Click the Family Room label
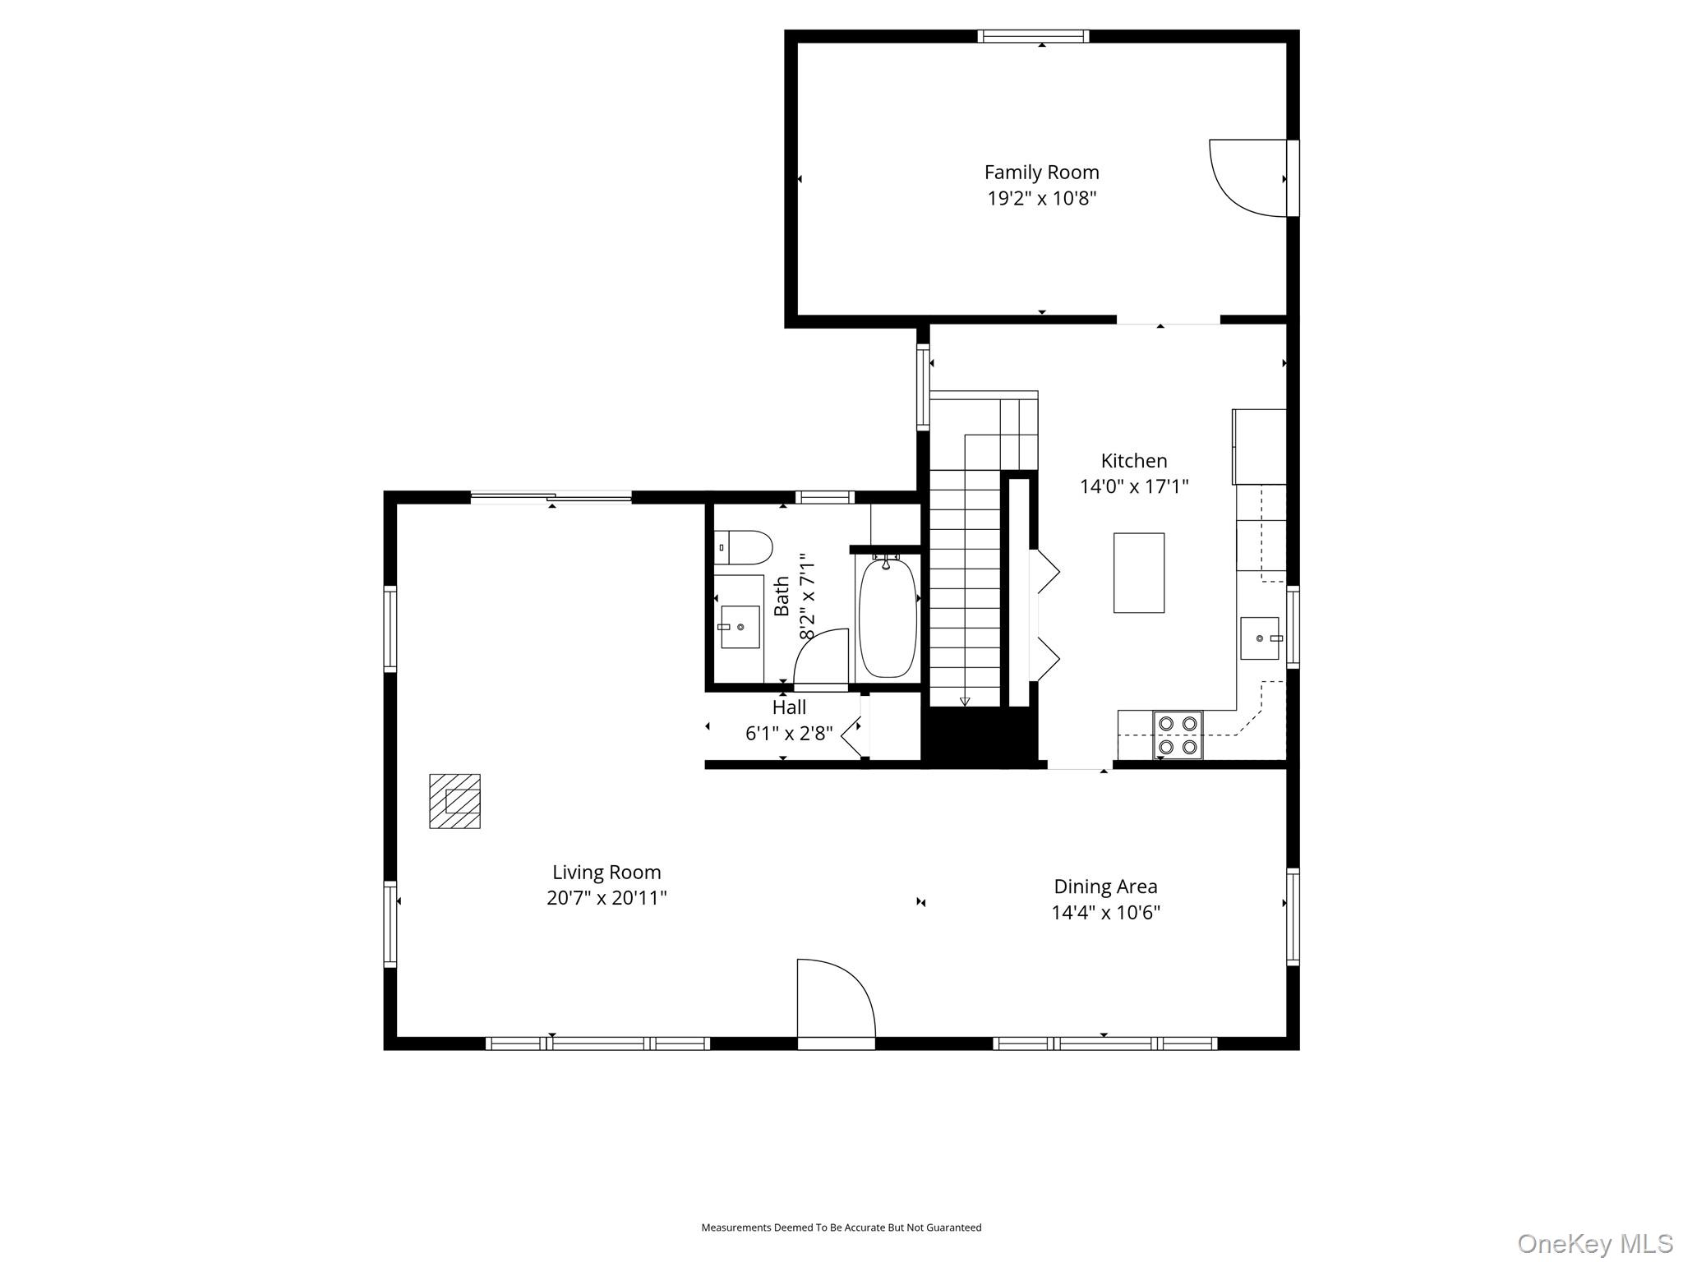[1041, 173]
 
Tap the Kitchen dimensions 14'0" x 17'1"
[1134, 486]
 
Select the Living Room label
[606, 872]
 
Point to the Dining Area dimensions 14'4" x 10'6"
[1105, 912]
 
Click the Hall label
[789, 707]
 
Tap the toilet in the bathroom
[743, 547]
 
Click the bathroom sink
[740, 627]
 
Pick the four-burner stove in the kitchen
[1178, 735]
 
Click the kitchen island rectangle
[1139, 573]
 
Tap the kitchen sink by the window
[1260, 638]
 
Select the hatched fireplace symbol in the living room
[454, 800]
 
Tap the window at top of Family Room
[1033, 36]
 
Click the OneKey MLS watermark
[1595, 1243]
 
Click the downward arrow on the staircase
[965, 701]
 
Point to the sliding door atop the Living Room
[551, 496]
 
